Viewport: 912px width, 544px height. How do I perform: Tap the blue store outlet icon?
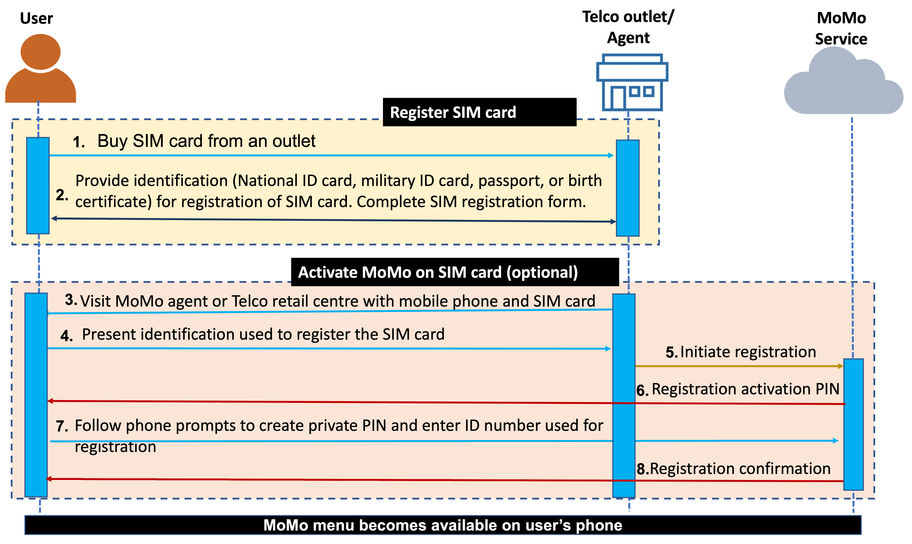tap(632, 82)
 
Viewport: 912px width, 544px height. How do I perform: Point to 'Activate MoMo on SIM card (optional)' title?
tap(438, 272)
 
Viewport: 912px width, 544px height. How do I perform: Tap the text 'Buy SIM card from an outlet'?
tap(206, 141)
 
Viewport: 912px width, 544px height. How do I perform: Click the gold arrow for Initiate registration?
tap(737, 366)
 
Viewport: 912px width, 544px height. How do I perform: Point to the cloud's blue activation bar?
tap(853, 424)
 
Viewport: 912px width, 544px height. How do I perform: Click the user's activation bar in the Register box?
tap(38, 186)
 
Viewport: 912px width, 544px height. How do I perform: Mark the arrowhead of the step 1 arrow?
tap(611, 155)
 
